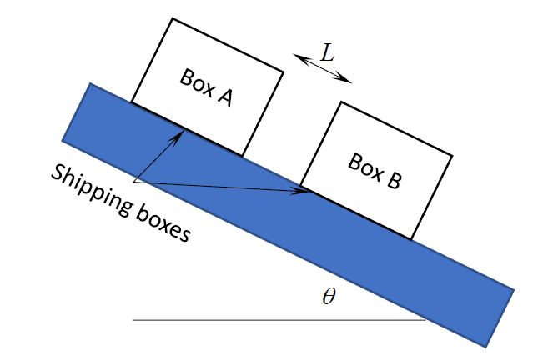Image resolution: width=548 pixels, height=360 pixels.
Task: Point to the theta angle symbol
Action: click(329, 297)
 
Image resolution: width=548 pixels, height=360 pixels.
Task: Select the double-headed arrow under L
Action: click(323, 69)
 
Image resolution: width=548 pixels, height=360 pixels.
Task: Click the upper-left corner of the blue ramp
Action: click(90, 83)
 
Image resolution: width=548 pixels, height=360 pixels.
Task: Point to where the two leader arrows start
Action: click(134, 181)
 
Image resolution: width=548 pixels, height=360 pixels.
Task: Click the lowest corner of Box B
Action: click(412, 239)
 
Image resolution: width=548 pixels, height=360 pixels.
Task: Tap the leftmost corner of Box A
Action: click(131, 102)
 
